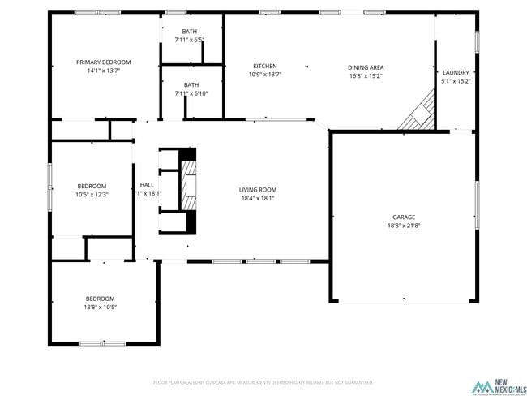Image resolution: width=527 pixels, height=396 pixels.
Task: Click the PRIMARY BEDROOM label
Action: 104,62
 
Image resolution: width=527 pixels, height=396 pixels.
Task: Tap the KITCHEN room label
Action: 265,67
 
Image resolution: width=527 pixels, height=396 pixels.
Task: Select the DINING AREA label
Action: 366,67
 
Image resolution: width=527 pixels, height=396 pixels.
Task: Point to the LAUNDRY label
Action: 456,72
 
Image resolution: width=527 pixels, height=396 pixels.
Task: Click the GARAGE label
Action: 404,217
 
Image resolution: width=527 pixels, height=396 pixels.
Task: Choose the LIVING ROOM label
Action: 258,190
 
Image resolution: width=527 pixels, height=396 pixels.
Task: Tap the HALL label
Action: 147,185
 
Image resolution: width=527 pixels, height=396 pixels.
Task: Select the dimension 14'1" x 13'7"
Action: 104,71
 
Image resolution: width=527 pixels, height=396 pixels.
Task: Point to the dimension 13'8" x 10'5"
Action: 101,307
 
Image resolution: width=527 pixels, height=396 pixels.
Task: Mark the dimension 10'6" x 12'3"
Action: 92,195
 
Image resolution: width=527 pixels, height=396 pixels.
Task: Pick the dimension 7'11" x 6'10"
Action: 191,93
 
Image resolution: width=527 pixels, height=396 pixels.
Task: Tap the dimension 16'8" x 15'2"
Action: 366,76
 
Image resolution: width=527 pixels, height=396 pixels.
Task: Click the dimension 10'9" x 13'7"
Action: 265,75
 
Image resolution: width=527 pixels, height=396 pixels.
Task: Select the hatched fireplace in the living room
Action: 188,180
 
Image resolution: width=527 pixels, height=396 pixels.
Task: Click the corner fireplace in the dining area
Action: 419,114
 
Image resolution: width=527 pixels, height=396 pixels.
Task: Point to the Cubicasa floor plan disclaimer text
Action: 263,382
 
